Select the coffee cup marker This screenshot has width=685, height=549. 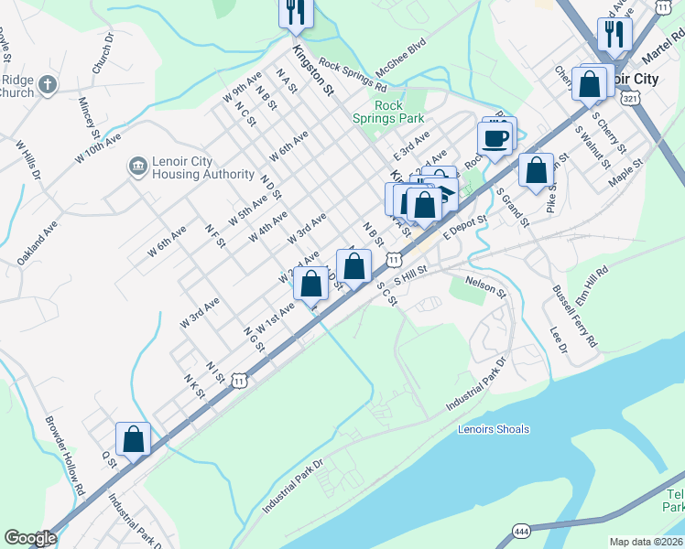(x=495, y=139)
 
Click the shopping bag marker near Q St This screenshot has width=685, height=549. (x=134, y=438)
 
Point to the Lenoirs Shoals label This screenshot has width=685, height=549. (x=494, y=429)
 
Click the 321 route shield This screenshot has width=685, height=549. (x=627, y=98)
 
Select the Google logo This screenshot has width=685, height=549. (x=30, y=538)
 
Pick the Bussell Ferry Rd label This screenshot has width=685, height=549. (x=573, y=314)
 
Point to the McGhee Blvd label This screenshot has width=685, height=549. (x=398, y=53)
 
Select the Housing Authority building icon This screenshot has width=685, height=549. (x=137, y=167)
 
